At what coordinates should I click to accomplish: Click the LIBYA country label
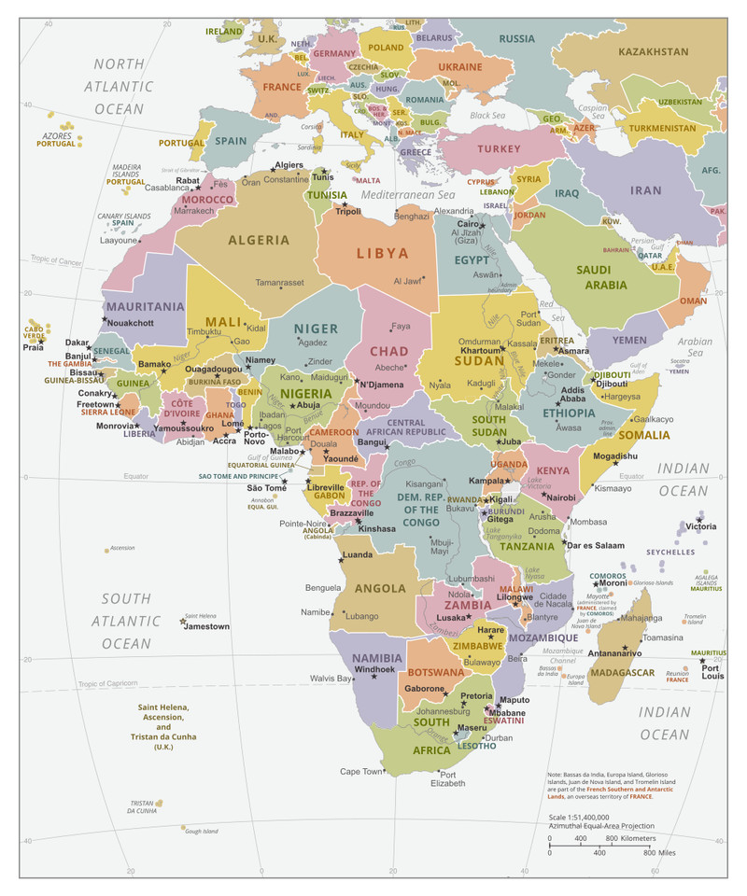coord(383,253)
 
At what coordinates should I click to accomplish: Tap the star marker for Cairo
coord(483,225)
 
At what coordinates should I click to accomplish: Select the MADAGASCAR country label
coord(623,672)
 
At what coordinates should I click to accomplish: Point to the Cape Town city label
coord(361,772)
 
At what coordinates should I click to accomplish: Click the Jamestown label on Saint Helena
coord(206,626)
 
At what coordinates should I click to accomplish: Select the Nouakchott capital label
coord(131,323)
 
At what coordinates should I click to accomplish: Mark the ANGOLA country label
coord(380,588)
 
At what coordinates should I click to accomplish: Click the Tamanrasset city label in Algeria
coord(280,282)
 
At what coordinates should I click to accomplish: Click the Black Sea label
coord(486,116)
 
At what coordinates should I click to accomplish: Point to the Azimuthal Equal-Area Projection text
coord(601,826)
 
